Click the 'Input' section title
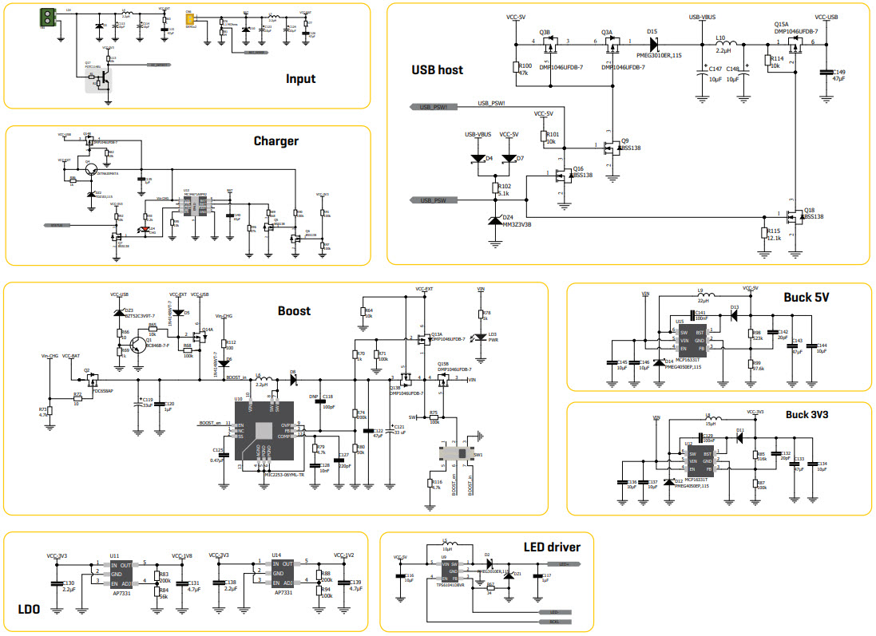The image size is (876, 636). (300, 79)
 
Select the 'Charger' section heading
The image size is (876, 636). (275, 141)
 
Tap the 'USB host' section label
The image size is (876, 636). (437, 69)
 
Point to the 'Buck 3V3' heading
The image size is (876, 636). (807, 415)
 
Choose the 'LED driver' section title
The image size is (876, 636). (552, 547)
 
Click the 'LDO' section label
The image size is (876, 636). (29, 610)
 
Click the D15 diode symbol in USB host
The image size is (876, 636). (652, 41)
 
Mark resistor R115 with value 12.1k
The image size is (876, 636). (763, 233)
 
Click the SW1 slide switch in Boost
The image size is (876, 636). (461, 453)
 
